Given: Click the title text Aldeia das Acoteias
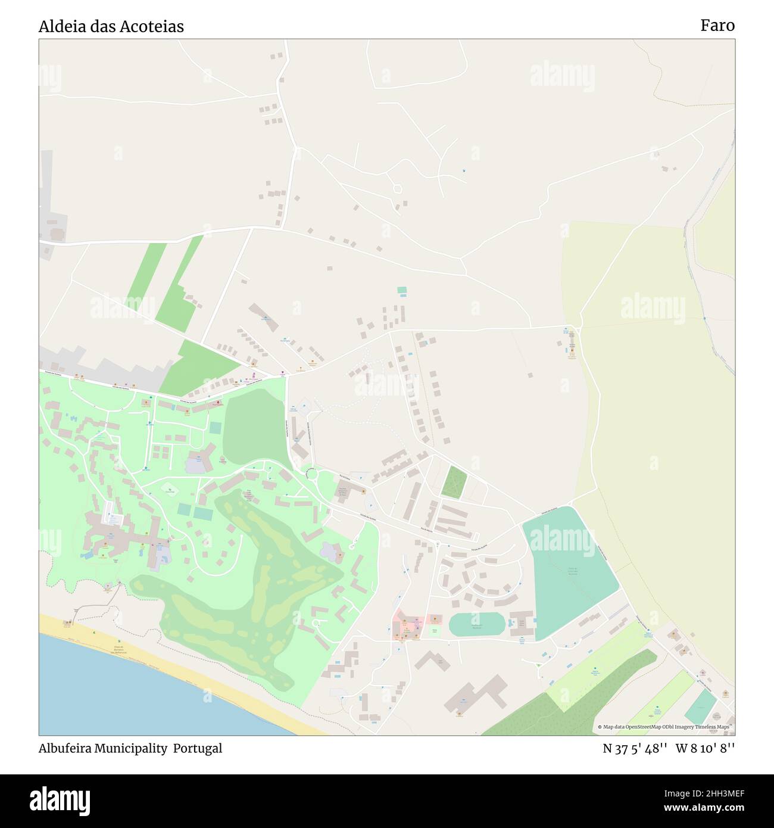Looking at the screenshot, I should pos(111,26).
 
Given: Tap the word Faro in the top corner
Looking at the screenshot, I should pos(717,25).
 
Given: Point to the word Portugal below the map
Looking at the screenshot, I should pos(198,748).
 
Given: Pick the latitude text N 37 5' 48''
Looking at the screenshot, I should pos(635,748).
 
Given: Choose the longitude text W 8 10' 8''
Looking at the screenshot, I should pos(706,748).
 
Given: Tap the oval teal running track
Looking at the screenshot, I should pos(477,624).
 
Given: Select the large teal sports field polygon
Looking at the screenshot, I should pos(569,572).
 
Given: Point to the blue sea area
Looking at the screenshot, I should pos(119,691).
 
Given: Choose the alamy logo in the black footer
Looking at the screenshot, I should pos(60,801).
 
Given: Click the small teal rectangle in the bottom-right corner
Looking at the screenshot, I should pos(701,706).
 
